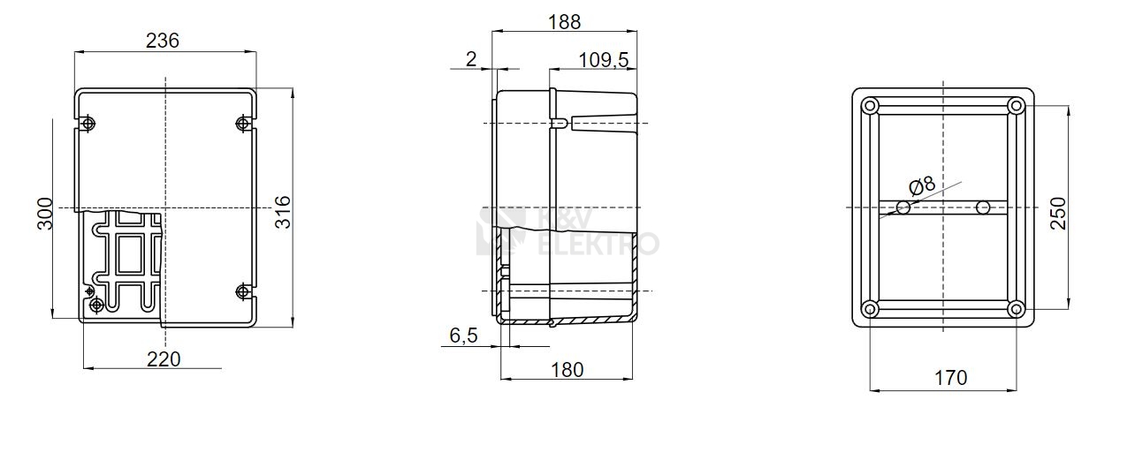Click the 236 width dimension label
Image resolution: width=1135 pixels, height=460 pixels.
pos(163,41)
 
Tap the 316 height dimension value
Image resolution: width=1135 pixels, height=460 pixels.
pos(283,212)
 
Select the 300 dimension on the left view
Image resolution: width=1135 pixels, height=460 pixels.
pos(45,214)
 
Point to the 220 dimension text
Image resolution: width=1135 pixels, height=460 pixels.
pos(164,359)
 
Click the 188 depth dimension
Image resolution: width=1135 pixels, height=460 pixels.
pos(565,22)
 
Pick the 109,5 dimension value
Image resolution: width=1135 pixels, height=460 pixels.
pos(603,60)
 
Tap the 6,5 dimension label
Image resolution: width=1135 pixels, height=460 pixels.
pos(463,335)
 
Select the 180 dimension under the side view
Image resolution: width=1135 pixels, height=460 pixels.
pos(567,370)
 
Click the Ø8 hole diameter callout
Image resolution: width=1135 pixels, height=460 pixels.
pos(922,185)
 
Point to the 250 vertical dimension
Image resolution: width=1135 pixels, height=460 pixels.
pos(1058,214)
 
